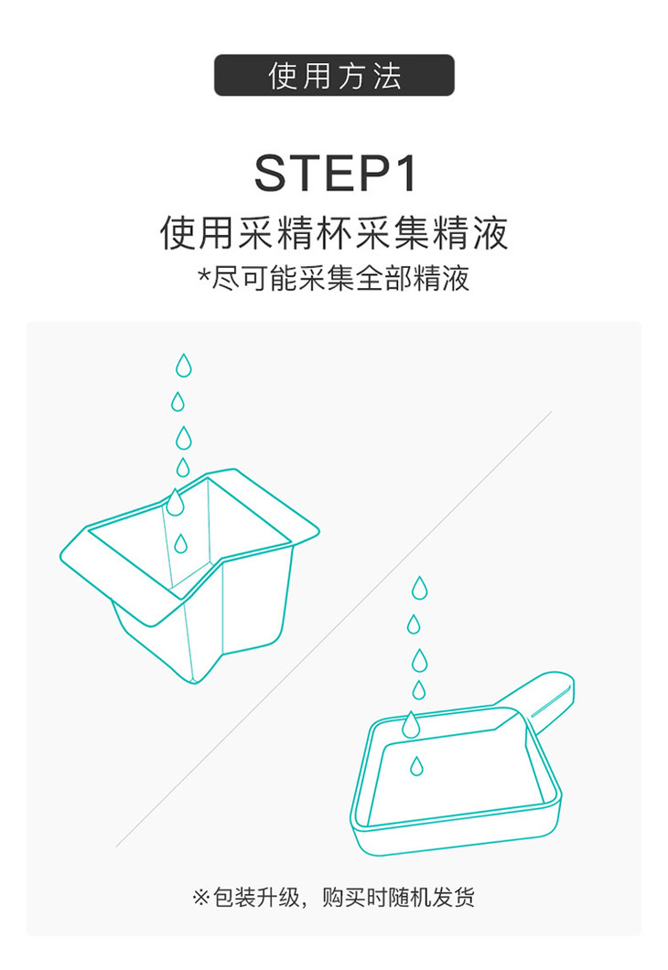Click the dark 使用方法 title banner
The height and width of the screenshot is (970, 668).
pos(334,76)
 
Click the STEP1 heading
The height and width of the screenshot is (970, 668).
pos(336,173)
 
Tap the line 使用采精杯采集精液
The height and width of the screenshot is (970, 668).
pos(334,234)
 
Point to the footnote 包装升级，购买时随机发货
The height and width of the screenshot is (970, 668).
pos(344,897)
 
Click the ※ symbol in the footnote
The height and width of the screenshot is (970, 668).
pos(201,897)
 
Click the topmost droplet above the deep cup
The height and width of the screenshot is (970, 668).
pos(183,366)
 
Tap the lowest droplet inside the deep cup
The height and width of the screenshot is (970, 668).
pos(180,544)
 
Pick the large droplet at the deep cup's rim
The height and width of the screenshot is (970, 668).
pos(176,502)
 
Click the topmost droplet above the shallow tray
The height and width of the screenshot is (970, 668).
pos(420,588)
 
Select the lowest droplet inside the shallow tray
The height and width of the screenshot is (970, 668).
pos(417,766)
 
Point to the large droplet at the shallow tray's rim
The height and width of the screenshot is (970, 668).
pos(411,724)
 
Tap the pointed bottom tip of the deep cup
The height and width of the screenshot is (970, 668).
pos(194,683)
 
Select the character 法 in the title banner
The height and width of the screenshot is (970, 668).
pos(387,76)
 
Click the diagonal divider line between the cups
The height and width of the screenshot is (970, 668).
pos(334,628)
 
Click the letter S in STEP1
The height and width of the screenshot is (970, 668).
pos(271,173)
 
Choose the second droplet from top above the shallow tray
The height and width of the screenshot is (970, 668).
pos(414,624)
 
